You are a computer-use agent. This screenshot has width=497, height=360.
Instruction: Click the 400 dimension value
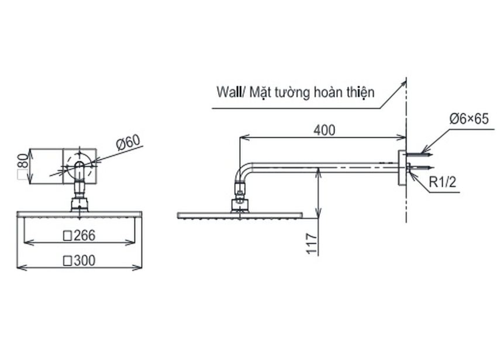click(x=324, y=130)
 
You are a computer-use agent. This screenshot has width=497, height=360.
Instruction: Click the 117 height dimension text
click(x=312, y=243)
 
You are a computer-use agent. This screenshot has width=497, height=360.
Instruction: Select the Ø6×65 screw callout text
click(x=469, y=119)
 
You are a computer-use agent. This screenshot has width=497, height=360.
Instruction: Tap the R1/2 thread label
click(x=442, y=184)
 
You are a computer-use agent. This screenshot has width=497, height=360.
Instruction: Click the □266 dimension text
click(x=79, y=236)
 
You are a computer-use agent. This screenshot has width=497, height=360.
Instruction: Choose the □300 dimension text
click(x=79, y=260)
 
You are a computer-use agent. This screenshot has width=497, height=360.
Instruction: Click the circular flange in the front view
click(x=79, y=165)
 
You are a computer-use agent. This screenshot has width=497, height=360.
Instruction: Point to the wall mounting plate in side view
click(x=401, y=168)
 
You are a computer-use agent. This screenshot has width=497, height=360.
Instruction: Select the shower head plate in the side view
click(x=240, y=215)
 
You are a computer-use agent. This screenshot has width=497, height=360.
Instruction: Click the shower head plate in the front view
click(x=79, y=214)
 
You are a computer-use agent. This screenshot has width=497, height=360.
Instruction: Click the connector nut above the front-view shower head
click(x=79, y=205)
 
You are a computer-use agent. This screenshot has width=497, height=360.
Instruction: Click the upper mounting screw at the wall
click(x=419, y=155)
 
